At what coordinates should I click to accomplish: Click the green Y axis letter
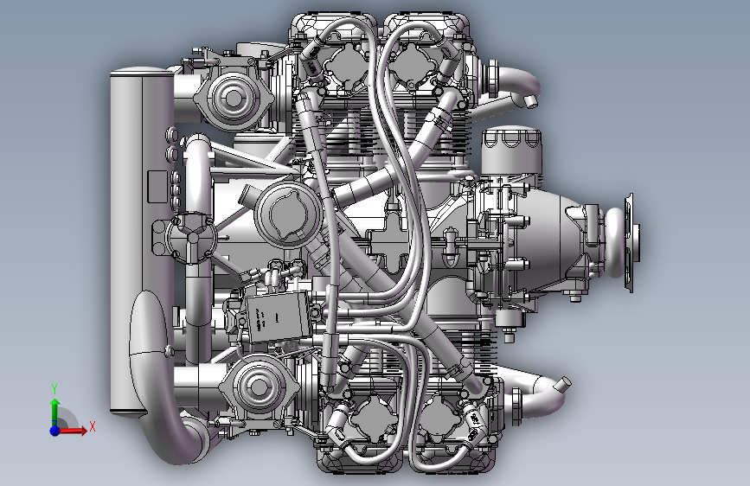[54, 388]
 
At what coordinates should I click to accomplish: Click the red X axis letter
[92, 426]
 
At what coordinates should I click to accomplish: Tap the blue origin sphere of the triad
[55, 430]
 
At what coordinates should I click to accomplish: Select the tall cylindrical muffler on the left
[142, 240]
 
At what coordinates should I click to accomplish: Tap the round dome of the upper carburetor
[234, 98]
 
